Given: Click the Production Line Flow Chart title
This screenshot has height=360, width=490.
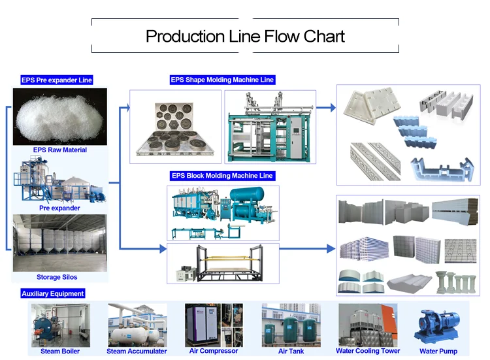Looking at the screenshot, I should pyautogui.click(x=245, y=36).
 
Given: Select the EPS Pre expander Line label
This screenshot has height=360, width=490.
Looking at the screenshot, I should pyautogui.click(x=57, y=80).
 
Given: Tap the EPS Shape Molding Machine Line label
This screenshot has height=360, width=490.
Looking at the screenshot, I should pyautogui.click(x=222, y=80).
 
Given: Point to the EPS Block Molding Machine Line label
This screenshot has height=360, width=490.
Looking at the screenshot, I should pyautogui.click(x=222, y=176).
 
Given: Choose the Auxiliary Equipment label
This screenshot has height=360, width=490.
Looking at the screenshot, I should pyautogui.click(x=53, y=293).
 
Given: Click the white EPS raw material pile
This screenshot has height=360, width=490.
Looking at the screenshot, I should pyautogui.click(x=59, y=118).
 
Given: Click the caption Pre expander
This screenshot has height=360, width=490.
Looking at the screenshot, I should pyautogui.click(x=59, y=208).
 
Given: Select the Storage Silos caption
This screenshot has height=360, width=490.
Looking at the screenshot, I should pyautogui.click(x=59, y=277).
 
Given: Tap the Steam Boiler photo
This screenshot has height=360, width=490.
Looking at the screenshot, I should pyautogui.click(x=59, y=325).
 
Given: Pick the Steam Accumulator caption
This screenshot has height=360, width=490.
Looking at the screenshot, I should pyautogui.click(x=137, y=351).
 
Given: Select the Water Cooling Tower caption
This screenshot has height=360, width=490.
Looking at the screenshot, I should pyautogui.click(x=368, y=351).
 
